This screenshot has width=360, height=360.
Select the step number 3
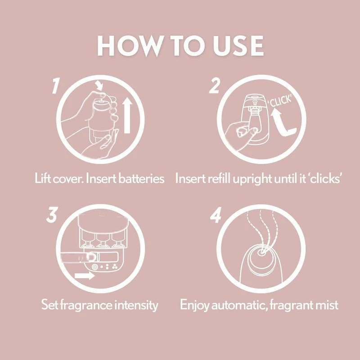[53, 216]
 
